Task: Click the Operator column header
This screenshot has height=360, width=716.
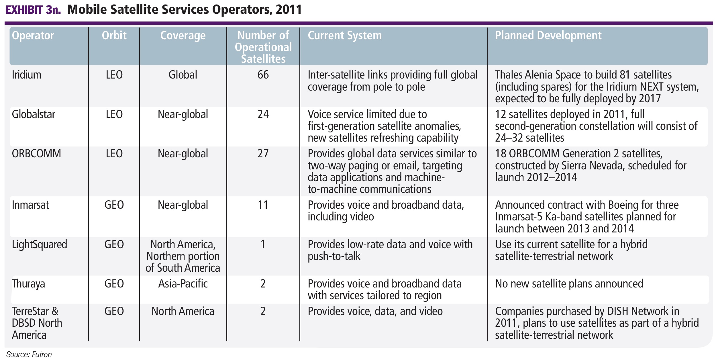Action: [33, 36]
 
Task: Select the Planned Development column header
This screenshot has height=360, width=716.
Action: [548, 36]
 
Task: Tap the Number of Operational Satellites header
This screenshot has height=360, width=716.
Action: [263, 47]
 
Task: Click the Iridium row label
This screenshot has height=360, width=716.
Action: [26, 75]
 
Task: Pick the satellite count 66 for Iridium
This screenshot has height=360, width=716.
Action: [263, 75]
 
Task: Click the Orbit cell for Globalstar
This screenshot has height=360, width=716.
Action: [114, 114]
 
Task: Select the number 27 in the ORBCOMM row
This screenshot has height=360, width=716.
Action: [263, 154]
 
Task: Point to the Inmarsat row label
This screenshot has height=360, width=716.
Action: [30, 205]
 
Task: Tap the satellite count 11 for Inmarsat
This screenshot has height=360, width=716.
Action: [263, 205]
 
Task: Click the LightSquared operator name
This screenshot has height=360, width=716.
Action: [39, 244]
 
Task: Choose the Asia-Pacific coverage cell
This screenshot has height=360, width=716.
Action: [183, 284]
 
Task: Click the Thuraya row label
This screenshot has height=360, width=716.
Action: [28, 284]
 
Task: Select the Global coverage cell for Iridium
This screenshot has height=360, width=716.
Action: [183, 75]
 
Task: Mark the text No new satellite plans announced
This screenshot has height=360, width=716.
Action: [569, 284]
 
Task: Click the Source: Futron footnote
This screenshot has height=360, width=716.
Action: [29, 355]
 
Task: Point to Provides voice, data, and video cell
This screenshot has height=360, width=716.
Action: [375, 311]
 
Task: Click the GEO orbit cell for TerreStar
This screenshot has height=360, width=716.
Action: [114, 311]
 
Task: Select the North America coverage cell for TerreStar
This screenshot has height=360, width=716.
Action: [183, 311]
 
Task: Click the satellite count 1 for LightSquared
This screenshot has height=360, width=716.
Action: [263, 244]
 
